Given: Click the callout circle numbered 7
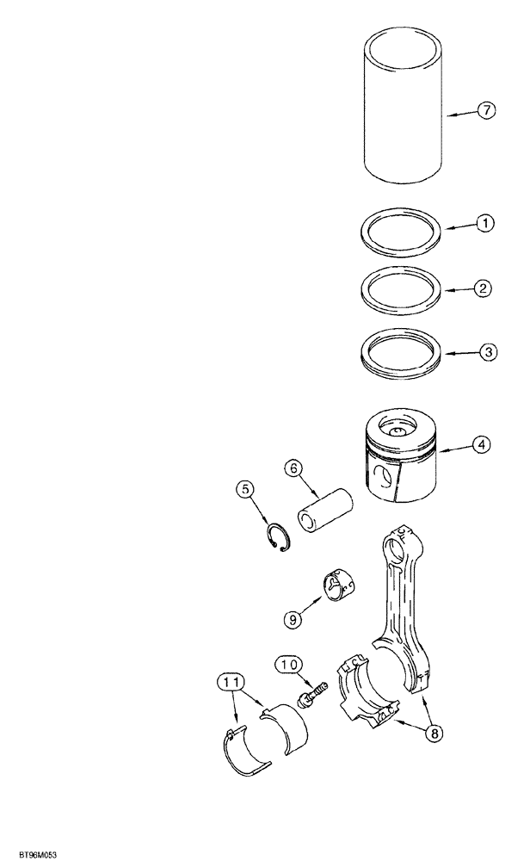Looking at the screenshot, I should click(x=486, y=111).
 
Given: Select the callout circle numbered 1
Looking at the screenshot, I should click(x=486, y=224).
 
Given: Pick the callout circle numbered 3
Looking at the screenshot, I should click(x=486, y=352).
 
